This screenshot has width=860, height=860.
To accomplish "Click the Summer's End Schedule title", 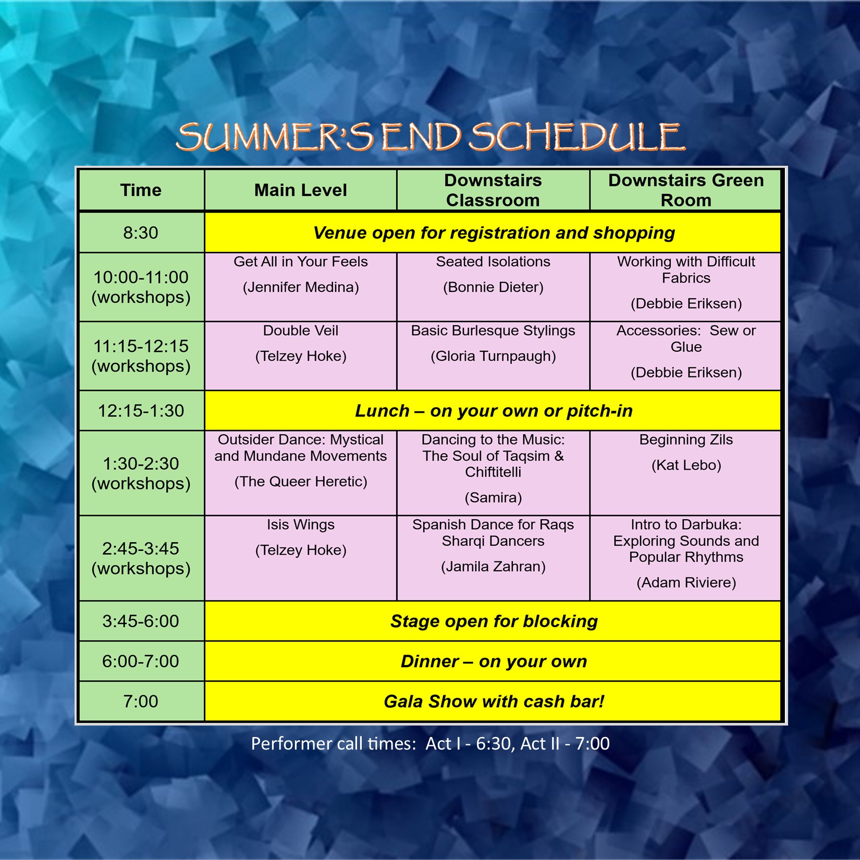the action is click(431, 137).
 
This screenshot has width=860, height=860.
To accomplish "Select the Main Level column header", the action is click(301, 190).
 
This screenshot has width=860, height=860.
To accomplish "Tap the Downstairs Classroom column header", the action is click(493, 190).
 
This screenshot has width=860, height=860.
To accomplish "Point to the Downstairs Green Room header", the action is click(685, 190).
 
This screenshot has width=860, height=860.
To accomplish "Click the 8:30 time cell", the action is click(141, 232).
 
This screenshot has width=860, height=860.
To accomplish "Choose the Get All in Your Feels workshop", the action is click(301, 287).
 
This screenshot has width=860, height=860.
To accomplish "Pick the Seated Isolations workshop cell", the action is click(493, 287).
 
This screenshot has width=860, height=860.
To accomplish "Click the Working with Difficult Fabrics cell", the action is click(685, 287).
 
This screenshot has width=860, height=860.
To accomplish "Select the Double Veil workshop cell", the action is click(301, 356).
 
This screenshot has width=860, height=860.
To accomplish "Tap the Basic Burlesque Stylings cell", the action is click(493, 356).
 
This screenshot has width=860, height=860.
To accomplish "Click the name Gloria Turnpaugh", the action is click(493, 357).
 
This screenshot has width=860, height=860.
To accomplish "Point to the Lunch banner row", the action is click(493, 411).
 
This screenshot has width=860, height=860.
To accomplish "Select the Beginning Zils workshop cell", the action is click(685, 473).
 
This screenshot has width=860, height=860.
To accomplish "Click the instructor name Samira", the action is click(493, 498).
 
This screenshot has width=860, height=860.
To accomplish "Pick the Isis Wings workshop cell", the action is click(301, 558).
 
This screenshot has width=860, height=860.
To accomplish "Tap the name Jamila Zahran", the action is click(493, 567).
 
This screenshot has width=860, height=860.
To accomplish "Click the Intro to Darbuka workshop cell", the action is click(685, 558).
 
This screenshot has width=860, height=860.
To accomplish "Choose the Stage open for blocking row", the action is click(493, 621).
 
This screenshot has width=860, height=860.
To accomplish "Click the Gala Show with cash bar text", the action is click(494, 702).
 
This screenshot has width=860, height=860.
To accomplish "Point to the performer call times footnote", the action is click(430, 744).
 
